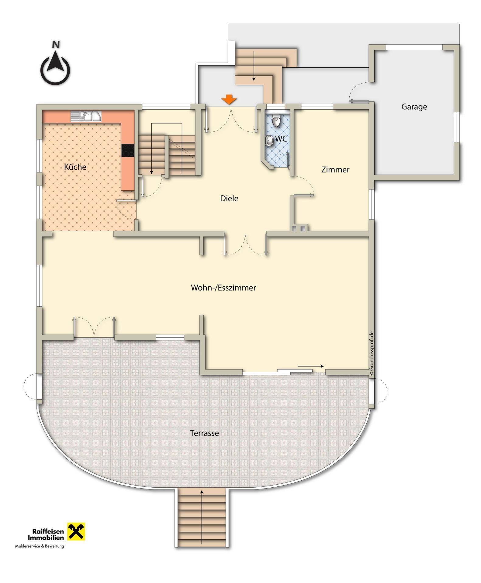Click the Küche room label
[75, 167]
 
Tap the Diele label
[229, 199]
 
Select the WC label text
[281, 139]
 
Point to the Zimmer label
[335, 170]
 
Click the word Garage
[414, 107]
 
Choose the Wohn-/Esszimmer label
[223, 288]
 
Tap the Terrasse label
[204, 433]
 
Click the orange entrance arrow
[229, 100]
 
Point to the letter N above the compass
[56, 44]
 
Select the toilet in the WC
[276, 121]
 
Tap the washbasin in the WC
[269, 141]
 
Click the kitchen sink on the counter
[86, 117]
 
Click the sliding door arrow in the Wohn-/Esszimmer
[310, 367]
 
